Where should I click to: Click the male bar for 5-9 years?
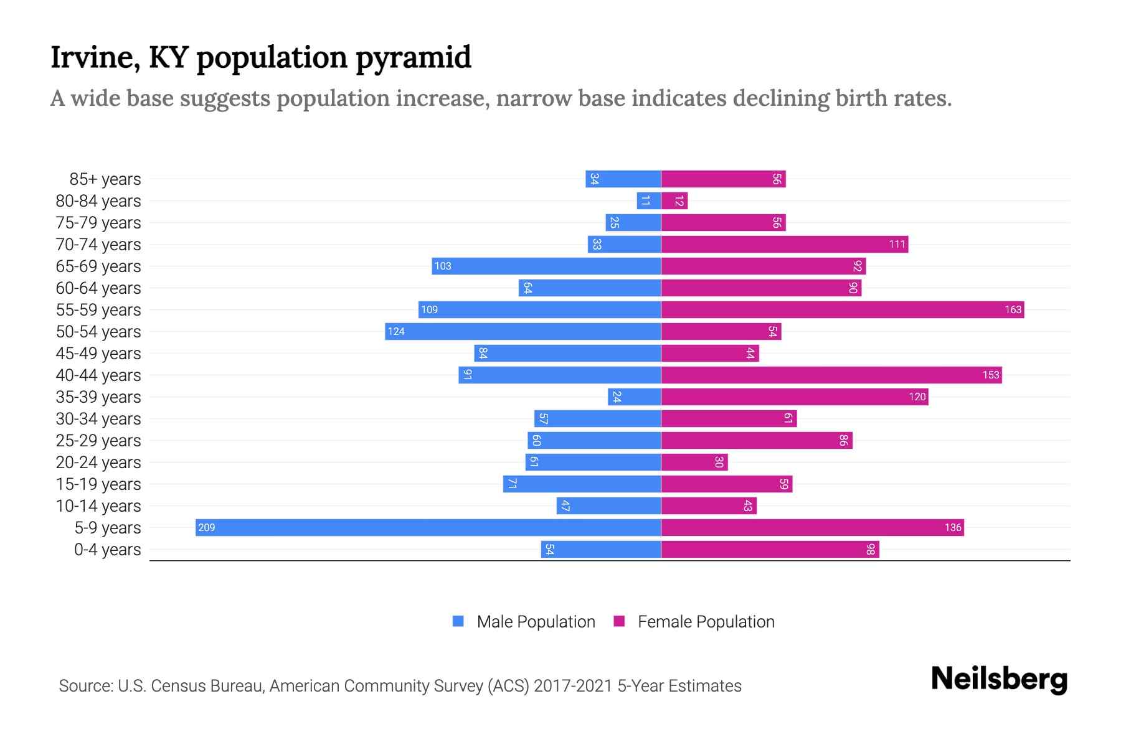tap(428, 527)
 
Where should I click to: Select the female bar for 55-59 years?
tap(842, 309)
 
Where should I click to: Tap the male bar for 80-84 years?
tap(648, 200)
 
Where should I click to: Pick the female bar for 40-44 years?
tap(831, 375)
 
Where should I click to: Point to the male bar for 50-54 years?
tap(523, 331)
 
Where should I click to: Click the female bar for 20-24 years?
tap(694, 462)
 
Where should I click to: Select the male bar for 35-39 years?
tap(634, 397)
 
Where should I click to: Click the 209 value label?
tap(206, 528)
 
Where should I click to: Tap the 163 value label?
tap(1013, 310)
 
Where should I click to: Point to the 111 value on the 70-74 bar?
tap(897, 245)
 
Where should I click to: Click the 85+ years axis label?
tap(105, 179)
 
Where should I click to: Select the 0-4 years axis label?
tap(107, 550)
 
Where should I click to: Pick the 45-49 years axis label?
tap(98, 354)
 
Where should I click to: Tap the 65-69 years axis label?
tap(98, 266)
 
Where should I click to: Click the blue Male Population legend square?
tap(458, 621)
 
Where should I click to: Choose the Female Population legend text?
tap(706, 622)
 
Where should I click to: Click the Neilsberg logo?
tap(999, 679)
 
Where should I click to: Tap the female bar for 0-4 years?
tap(770, 549)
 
